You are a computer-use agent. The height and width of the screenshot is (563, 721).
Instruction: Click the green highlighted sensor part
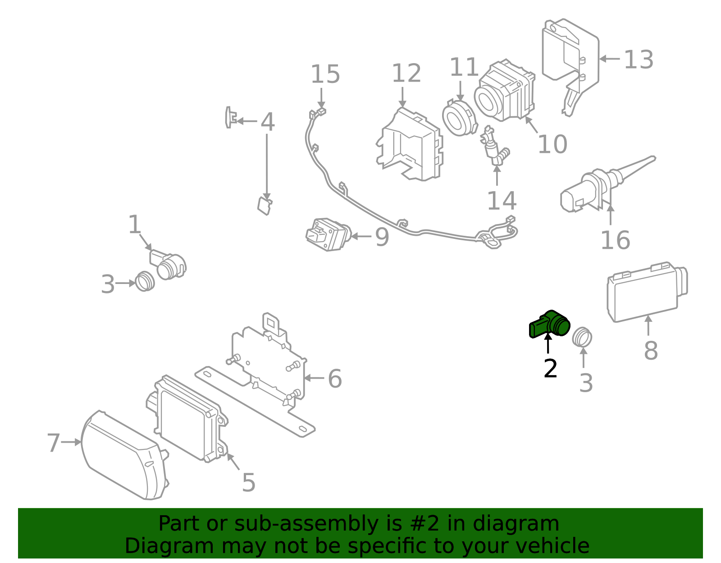tap(550, 324)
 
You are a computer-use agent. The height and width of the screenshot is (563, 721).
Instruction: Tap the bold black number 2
tap(550, 369)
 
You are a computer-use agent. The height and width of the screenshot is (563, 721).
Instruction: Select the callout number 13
tap(639, 60)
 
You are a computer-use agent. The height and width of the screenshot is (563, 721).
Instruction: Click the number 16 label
tap(615, 240)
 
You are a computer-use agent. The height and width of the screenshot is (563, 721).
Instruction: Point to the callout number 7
tap(53, 443)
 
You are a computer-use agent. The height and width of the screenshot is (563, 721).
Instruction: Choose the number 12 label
tap(406, 73)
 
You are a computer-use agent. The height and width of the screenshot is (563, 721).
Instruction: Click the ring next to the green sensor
tap(582, 337)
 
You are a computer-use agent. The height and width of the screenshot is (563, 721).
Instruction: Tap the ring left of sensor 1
tap(145, 281)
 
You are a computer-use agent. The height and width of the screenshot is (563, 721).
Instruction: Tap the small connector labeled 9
tap(328, 234)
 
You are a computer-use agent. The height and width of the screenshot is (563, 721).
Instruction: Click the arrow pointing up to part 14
tap(497, 176)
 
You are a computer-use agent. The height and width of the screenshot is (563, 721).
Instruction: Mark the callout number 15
tap(325, 74)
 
